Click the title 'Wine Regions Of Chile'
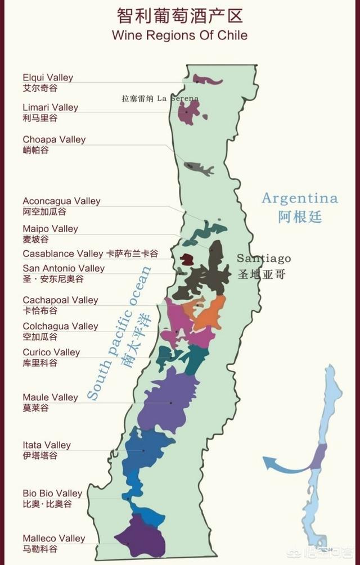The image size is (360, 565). click(179, 35)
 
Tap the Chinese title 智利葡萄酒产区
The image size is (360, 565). click(179, 14)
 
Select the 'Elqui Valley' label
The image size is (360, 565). click(48, 78)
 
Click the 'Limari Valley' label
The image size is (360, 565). click(50, 107)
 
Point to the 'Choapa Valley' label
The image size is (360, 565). click(54, 139)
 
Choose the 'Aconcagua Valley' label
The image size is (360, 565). click(61, 201)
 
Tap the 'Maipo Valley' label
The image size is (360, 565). click(50, 229)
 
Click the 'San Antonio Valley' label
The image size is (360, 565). click(64, 268)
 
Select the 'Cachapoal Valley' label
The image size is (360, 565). click(60, 300)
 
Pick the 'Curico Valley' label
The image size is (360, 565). click(51, 352)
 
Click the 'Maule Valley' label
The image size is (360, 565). click(50, 397)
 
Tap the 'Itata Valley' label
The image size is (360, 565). click(47, 445)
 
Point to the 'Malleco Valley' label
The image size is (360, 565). click(54, 539)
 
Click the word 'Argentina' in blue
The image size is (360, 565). click(300, 198)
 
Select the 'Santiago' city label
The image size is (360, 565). click(263, 259)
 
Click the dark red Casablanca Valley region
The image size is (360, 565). click(187, 259)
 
